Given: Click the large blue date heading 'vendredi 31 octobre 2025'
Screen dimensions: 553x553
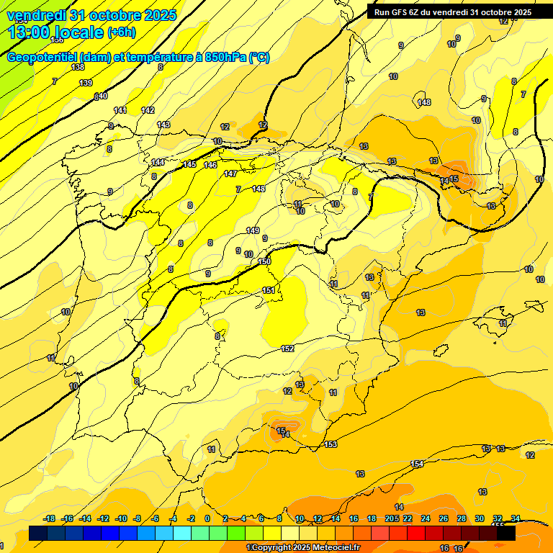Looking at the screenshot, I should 91,15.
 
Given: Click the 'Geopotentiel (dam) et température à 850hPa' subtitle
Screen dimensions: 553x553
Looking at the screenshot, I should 138,58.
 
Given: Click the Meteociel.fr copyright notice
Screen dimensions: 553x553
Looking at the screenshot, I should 302,548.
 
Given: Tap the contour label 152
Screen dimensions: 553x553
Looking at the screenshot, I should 287,349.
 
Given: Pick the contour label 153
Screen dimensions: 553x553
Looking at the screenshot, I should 331,444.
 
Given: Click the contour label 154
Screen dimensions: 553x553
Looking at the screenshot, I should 417,464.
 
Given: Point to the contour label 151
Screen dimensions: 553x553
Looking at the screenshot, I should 269,290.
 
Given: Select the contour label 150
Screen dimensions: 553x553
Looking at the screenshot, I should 264,261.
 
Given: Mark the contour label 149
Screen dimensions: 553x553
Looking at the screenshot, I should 253,230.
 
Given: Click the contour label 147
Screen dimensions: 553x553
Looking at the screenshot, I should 230,174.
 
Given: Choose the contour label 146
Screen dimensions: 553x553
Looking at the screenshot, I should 210,165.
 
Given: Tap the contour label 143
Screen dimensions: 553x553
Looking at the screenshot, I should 163,125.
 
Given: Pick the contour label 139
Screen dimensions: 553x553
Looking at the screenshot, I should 86,83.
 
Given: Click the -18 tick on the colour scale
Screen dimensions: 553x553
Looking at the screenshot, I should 50,518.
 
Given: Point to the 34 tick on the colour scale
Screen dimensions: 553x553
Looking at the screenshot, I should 516,518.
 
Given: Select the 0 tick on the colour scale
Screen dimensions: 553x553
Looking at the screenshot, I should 207,518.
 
